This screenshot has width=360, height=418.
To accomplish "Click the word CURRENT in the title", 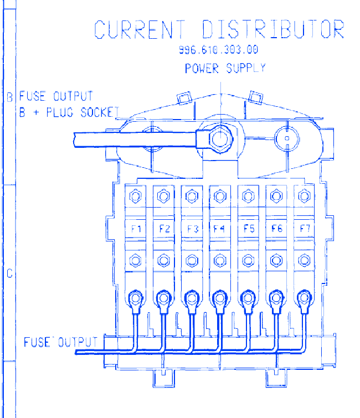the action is (140, 29).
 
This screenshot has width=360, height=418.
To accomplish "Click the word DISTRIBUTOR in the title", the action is (273, 29).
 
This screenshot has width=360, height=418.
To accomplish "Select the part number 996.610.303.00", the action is (218, 50).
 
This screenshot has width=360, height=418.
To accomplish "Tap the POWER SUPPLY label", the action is (225, 68).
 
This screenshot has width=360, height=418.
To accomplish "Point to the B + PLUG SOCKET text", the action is (69, 112).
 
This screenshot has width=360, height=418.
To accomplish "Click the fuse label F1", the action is (136, 229).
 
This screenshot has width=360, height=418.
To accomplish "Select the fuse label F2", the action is (164, 229).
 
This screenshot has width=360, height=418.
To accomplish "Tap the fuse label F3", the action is (193, 229).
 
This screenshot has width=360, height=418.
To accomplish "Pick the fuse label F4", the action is (219, 229).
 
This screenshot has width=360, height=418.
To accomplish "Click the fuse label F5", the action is (249, 229).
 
